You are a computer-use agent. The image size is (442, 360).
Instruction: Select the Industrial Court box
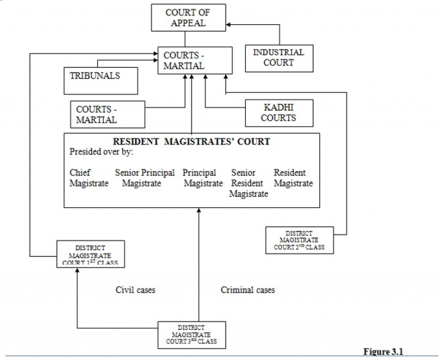(x=279, y=58)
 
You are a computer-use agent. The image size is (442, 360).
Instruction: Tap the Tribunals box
(x=100, y=80)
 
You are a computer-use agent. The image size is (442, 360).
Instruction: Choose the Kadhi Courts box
(x=279, y=113)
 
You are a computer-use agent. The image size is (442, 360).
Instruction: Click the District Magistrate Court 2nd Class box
(x=299, y=239)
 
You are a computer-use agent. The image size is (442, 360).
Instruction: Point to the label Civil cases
(x=135, y=290)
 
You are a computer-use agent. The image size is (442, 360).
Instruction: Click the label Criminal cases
(x=247, y=290)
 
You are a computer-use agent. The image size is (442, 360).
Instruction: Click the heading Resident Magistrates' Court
(x=191, y=142)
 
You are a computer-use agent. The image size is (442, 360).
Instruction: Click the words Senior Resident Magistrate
(x=248, y=183)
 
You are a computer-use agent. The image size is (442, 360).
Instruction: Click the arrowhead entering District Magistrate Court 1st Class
(x=77, y=270)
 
